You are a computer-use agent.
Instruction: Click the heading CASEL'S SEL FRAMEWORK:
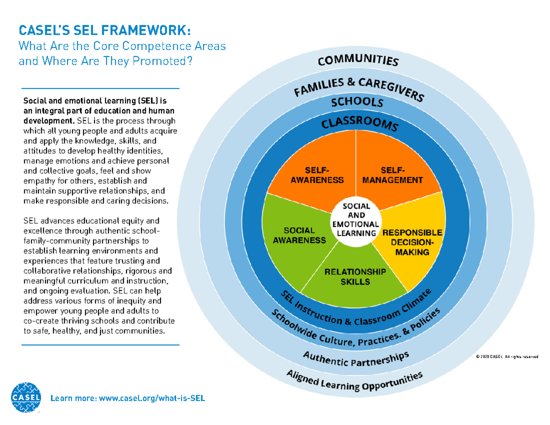(103, 31)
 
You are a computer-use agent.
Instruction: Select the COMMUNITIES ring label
(358, 61)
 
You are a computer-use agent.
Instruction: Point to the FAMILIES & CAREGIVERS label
(358, 88)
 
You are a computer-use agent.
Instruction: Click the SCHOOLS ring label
(357, 102)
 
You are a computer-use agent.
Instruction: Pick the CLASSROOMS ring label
(357, 124)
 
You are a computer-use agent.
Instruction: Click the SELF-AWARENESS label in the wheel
(317, 175)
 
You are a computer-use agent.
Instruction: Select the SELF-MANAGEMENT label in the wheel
(392, 175)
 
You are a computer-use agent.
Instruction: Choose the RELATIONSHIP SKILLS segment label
(355, 277)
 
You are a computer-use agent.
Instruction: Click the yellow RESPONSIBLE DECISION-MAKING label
(412, 242)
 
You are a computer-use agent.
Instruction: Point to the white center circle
(357, 220)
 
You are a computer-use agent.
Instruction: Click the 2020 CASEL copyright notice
(506, 357)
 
